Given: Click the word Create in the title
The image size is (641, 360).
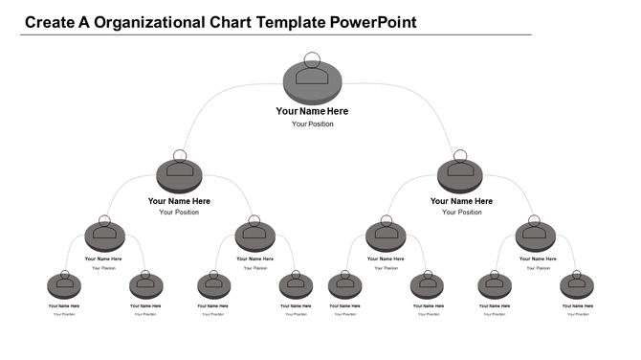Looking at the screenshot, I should coord(49,21).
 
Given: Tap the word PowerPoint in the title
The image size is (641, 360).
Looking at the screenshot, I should coord(373,21).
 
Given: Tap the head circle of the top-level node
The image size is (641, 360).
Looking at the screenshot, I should coord(313,59).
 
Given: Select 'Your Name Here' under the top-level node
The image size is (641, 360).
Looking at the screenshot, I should coord(313,111).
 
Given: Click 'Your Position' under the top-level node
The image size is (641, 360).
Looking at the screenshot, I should coord(313,124).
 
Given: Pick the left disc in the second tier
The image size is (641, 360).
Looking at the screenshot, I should coord(179,176).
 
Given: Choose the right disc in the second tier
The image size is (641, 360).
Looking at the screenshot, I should coord(461,176).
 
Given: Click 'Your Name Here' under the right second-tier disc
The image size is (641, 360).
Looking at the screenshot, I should coord(461,201).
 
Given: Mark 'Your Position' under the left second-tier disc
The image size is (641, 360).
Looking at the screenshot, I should coord(179,213).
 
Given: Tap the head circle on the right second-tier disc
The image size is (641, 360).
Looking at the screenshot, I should coord(460,156).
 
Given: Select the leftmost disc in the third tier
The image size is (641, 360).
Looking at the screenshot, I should coord(104,236).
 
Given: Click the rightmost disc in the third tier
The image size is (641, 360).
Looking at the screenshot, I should coord(535,236).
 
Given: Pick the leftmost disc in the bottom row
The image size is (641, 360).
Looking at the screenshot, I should coord(64,286).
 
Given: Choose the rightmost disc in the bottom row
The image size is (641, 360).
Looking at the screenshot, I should coord(577,286).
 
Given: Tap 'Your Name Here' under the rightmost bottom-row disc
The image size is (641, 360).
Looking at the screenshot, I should coord(577,306).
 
